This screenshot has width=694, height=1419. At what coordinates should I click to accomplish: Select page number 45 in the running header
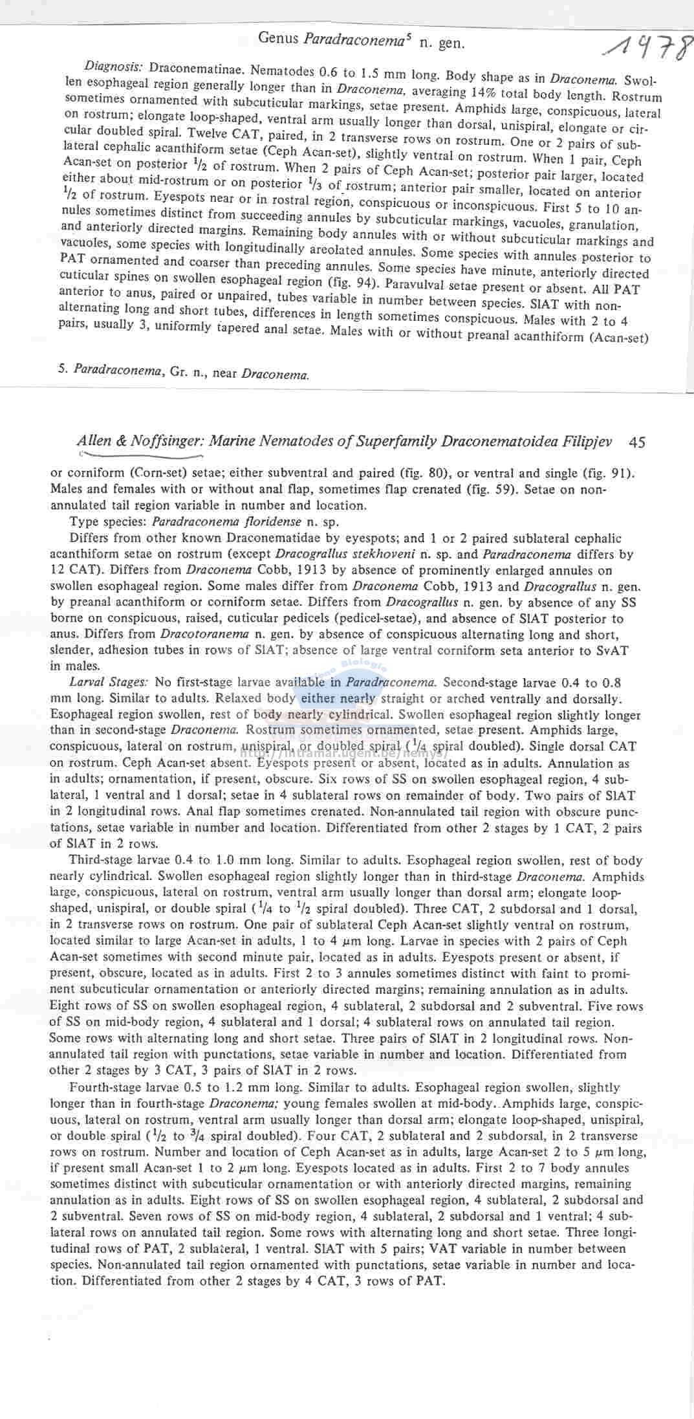click(x=637, y=442)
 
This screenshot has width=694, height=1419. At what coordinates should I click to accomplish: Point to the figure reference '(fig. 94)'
click(x=347, y=282)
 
